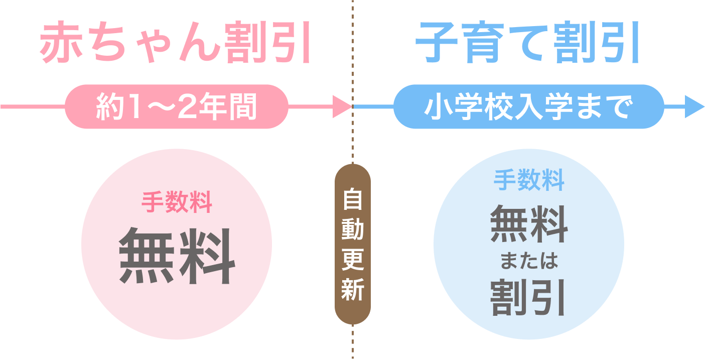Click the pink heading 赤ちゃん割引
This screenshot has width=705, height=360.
point(176,44)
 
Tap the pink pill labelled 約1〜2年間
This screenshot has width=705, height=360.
point(176,106)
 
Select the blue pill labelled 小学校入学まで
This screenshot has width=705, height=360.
point(528,106)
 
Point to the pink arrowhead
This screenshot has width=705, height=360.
point(343,106)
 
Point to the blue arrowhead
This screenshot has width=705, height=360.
point(695,106)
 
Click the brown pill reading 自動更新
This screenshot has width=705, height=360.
point(352,244)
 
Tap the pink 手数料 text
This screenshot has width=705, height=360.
point(176,204)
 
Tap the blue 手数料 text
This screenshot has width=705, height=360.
point(529,180)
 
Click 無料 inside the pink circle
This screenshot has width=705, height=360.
point(176,256)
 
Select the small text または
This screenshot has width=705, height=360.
point(529,262)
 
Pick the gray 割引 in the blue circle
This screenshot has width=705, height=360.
point(529,297)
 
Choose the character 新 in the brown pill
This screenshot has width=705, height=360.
point(352,290)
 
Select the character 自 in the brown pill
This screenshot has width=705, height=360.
point(352,201)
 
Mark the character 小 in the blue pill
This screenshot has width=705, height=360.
point(436,107)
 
